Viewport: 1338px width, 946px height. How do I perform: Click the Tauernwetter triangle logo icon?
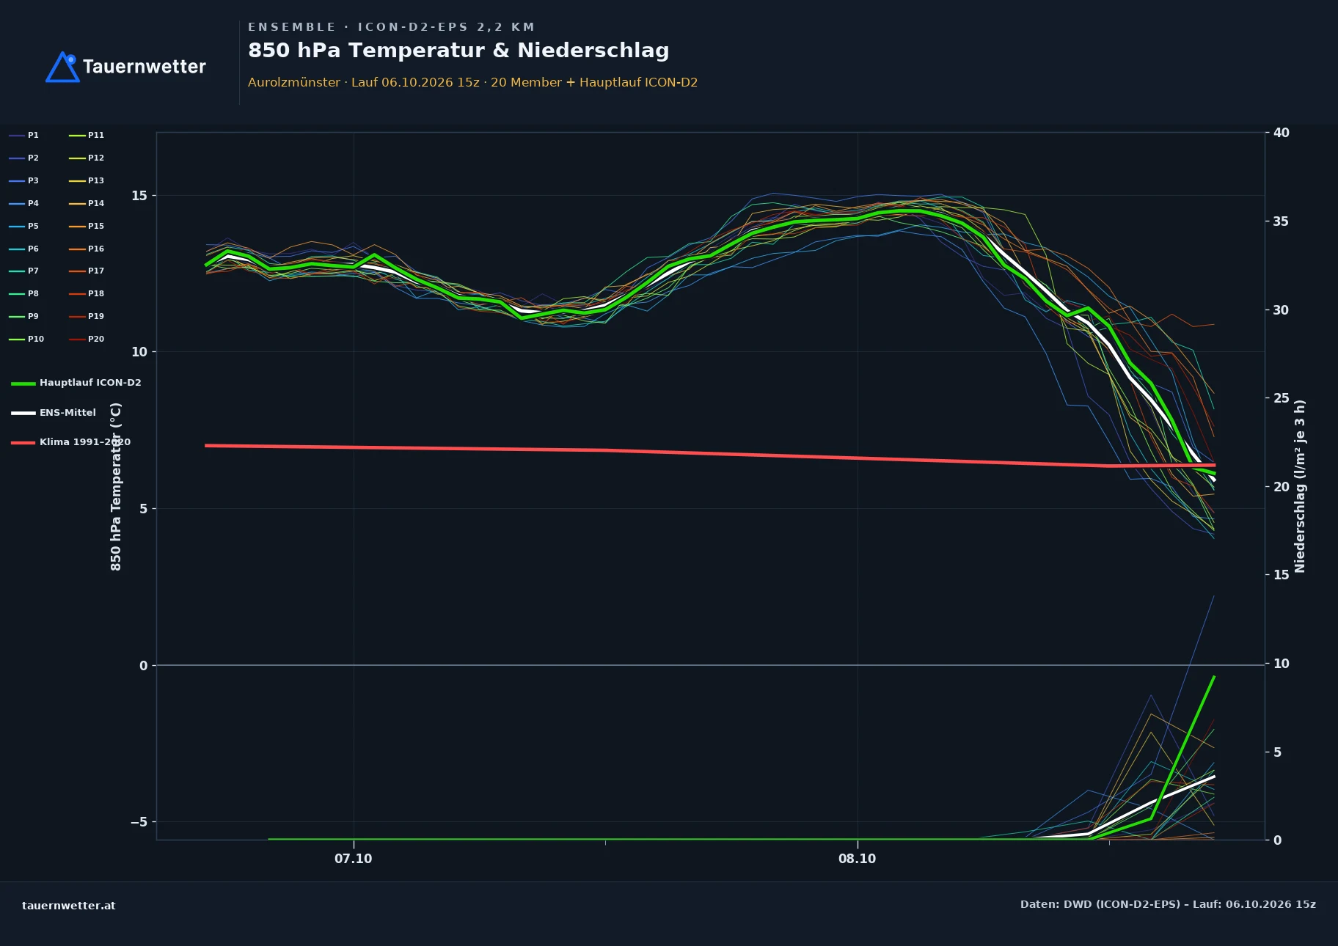point(63,67)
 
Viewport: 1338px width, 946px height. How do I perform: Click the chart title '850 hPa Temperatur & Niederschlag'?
point(458,51)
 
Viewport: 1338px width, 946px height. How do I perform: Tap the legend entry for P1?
point(24,135)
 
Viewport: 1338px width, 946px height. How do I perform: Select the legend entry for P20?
point(87,339)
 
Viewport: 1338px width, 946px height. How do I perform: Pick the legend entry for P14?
point(87,203)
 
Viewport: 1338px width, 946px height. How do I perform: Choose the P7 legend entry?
point(24,271)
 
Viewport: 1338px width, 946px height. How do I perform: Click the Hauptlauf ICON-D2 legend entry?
point(76,383)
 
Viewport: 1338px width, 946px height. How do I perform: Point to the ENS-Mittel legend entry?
point(54,413)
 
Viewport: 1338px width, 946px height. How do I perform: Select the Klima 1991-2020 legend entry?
point(71,442)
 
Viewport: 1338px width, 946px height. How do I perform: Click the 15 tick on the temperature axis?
point(139,196)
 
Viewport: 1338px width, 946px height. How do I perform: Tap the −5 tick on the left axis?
point(139,822)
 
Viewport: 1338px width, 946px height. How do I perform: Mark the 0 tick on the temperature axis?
point(143,666)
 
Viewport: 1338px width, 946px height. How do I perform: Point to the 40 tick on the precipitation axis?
point(1282,133)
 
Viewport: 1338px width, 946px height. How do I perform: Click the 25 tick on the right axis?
point(1282,398)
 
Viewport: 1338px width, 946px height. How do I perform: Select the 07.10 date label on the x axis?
point(354,859)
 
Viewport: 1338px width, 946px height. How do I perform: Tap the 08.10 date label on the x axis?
point(858,859)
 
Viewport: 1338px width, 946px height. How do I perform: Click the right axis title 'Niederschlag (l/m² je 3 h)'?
point(1300,486)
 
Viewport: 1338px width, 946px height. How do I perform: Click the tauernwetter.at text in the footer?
point(69,906)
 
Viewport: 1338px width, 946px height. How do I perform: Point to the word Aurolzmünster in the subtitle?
point(294,82)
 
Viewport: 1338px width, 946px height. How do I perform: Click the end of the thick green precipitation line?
point(1214,677)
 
